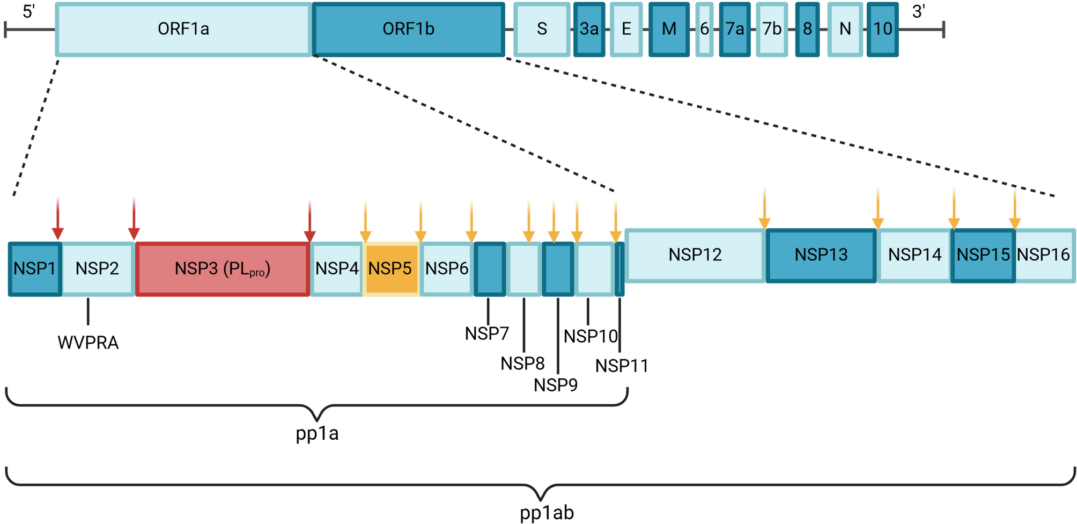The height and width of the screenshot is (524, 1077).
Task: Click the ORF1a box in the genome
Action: click(183, 29)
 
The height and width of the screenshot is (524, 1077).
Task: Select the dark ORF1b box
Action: click(408, 29)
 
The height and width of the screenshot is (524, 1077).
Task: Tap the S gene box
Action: click(542, 29)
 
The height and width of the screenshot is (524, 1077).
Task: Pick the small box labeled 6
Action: click(704, 29)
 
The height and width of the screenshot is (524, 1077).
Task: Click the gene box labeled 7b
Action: click(772, 29)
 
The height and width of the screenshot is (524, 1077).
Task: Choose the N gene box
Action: click(845, 29)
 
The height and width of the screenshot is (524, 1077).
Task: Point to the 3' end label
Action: click(919, 11)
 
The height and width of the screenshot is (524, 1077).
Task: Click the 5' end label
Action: click(29, 11)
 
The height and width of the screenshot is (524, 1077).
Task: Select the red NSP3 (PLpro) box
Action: click(223, 268)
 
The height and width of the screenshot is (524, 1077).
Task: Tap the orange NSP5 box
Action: click(390, 268)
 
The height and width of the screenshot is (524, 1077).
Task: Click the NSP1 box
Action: click(34, 268)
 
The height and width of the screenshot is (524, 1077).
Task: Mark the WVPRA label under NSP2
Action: click(88, 343)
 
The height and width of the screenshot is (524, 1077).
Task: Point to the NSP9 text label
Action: click(556, 385)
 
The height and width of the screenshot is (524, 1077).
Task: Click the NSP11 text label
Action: click(622, 366)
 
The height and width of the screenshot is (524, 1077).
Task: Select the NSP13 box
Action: click(821, 255)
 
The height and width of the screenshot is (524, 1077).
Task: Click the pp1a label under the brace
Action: click(317, 433)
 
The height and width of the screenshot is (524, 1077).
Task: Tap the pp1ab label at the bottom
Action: click(547, 513)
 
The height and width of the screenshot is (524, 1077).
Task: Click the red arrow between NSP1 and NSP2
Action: click(58, 220)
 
